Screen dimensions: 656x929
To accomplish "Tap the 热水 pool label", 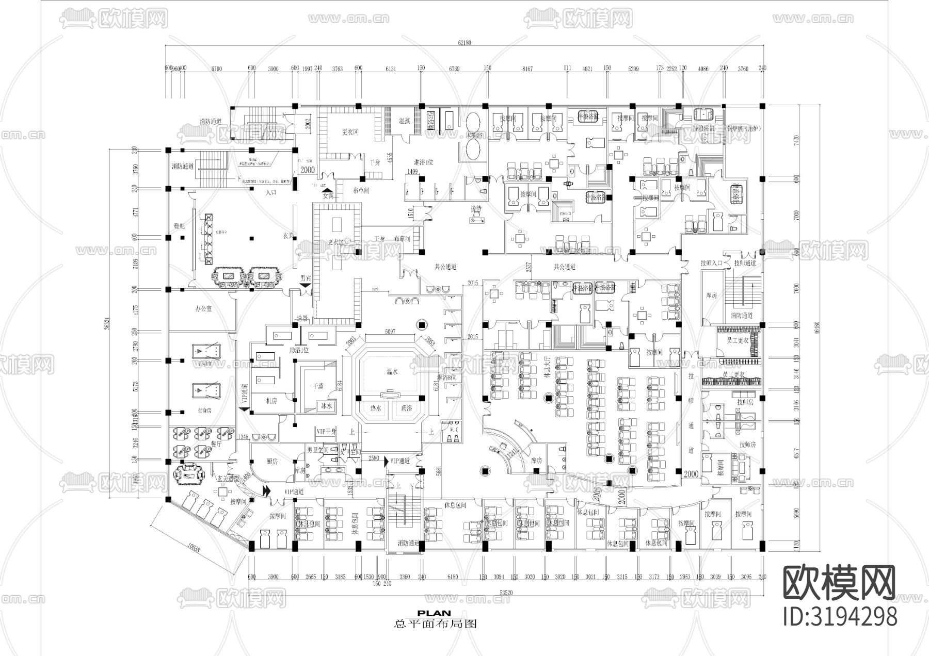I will pyautogui.click(x=376, y=408).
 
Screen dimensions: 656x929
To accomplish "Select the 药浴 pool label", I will pyautogui.click(x=406, y=408).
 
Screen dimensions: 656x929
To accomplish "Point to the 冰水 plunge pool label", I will pyautogui.click(x=327, y=406).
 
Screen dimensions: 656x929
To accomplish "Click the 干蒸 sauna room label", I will pyautogui.click(x=318, y=385).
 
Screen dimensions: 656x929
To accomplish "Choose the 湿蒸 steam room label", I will pyautogui.click(x=405, y=121).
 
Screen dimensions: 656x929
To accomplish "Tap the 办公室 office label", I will pyautogui.click(x=203, y=308).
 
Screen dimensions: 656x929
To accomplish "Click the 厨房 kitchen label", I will pyautogui.click(x=273, y=462).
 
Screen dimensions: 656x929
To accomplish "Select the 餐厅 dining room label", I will pyautogui.click(x=217, y=444).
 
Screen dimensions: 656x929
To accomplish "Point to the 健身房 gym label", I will pyautogui.click(x=204, y=411).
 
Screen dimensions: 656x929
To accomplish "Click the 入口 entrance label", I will pyautogui.click(x=270, y=192).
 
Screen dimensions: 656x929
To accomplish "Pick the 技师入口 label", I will pyautogui.click(x=711, y=263).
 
